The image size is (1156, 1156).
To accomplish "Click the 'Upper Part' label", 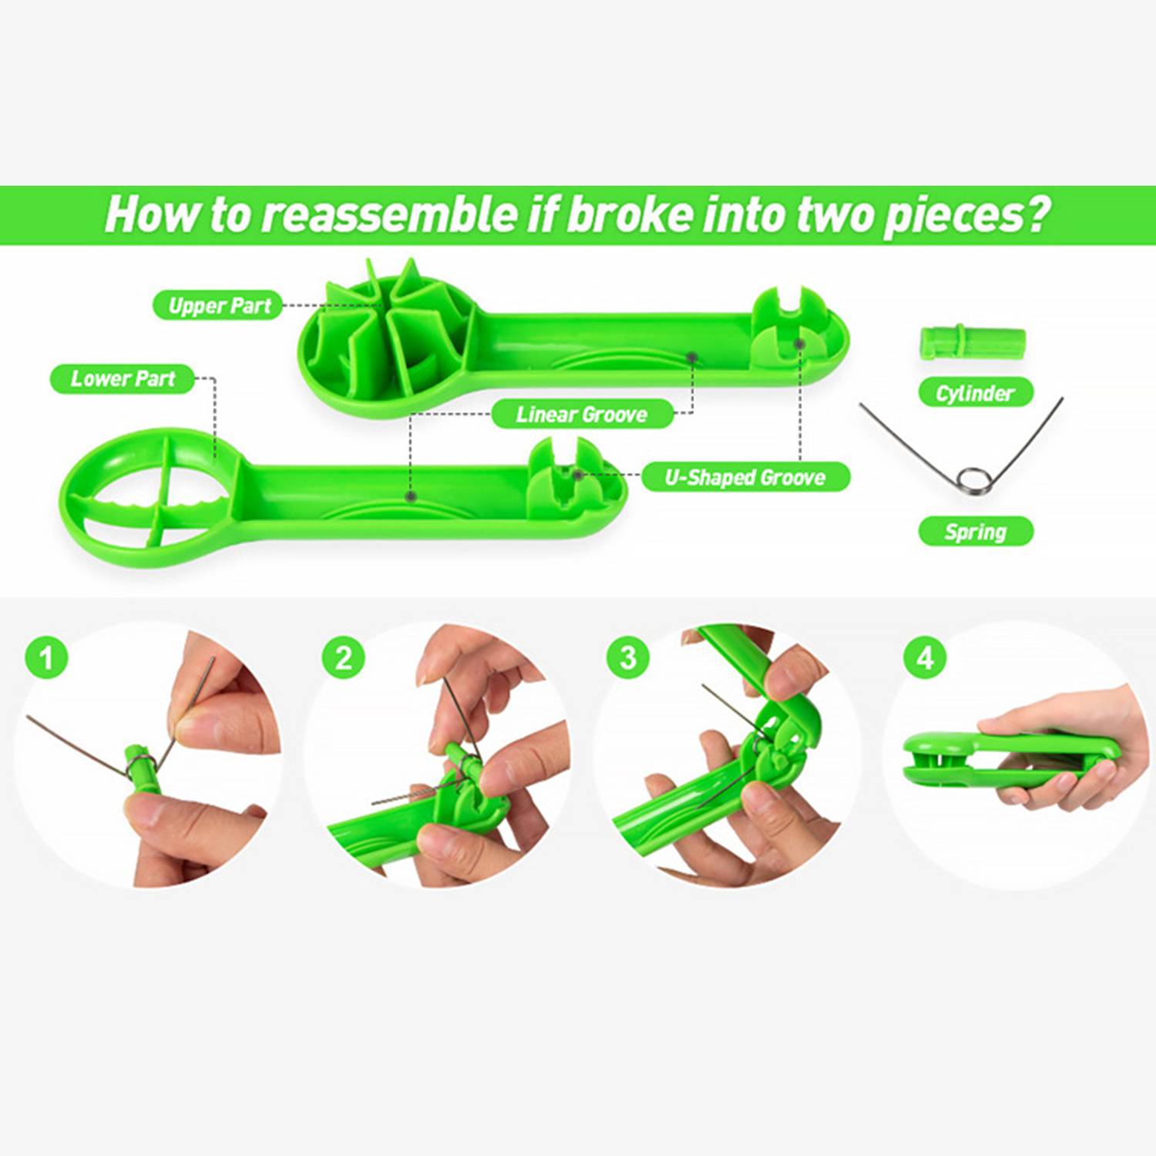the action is point(219,305).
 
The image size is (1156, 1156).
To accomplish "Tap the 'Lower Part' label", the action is point(123,378).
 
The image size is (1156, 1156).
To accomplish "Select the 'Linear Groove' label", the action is point(582,415).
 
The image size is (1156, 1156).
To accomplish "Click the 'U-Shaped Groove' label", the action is point(745,477).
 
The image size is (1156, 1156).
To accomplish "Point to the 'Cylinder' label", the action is point(975,393).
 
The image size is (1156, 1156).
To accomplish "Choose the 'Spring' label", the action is point(975,531).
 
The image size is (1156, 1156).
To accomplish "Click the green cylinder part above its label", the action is point(973,342).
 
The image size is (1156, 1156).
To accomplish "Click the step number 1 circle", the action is point(46,657).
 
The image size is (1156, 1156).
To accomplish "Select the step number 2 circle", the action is point(343,657).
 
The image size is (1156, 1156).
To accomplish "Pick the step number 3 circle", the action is point(628,657).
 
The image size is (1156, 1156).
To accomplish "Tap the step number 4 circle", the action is point(925,657).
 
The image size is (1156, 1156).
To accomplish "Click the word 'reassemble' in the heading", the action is point(389,214).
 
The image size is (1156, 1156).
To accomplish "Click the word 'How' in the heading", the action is point(150,213).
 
